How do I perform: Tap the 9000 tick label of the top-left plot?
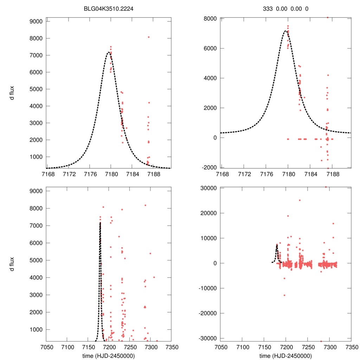coord(36,21)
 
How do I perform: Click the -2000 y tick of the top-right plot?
coord(210,167)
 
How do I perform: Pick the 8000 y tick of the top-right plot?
coord(211,18)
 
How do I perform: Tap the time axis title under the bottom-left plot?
coord(109,356)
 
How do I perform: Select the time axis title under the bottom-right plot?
coord(285,356)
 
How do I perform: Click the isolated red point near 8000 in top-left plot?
coord(149,37)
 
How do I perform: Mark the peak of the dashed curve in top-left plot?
coord(109,53)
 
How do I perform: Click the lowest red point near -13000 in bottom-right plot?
coord(284,295)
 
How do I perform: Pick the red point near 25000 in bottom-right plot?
coord(300,200)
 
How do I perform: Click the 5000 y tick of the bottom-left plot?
coord(36,260)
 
